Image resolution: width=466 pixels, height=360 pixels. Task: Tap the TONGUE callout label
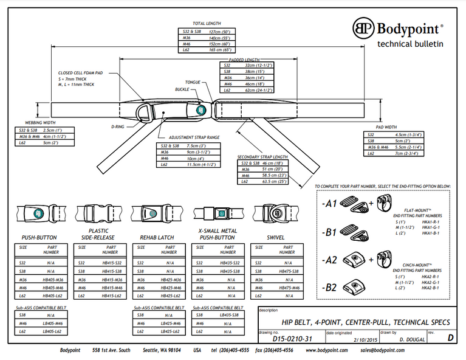pos(193,82)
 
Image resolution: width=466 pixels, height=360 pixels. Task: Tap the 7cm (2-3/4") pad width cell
pos(406,154)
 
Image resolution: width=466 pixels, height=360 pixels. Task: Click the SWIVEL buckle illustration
pos(272,214)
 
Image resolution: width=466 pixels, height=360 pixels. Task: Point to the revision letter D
pos(450,337)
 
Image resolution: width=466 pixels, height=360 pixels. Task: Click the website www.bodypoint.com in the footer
pos(327,351)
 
